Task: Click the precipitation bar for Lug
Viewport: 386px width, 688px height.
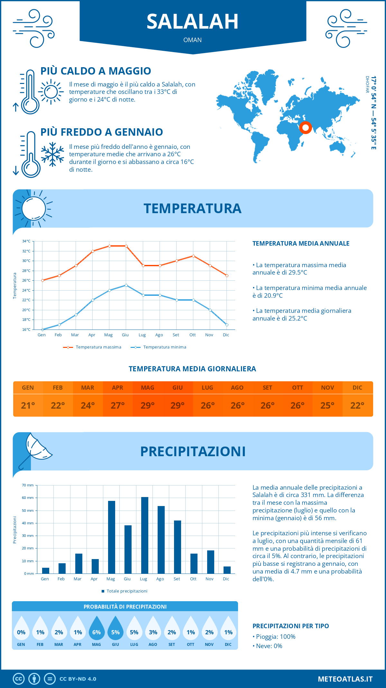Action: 145,535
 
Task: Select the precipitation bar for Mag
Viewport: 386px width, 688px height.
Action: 112,537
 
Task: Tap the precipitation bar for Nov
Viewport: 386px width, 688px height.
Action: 211,562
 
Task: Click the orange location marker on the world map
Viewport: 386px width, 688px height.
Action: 306,128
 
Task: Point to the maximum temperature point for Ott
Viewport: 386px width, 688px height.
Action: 193,256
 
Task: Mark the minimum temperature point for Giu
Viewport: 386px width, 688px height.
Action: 126,285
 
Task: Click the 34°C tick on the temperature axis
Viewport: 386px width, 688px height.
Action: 26,241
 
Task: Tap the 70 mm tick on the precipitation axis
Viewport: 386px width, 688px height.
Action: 28,485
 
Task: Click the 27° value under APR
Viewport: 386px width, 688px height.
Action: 118,405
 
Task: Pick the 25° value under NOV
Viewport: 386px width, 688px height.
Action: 327,405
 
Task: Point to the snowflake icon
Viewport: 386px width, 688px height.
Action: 52,154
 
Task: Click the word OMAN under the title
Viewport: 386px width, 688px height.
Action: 192,40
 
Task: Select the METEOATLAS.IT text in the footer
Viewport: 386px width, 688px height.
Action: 345,679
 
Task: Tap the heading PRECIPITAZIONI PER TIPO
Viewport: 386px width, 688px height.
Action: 290,626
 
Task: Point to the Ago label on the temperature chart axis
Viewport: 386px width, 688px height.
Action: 159,335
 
